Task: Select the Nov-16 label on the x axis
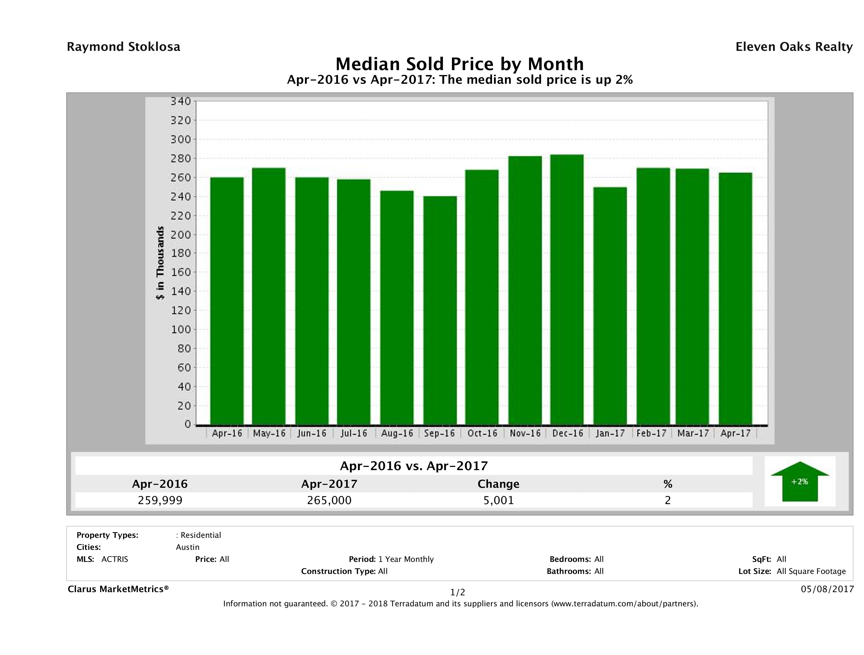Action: (x=525, y=433)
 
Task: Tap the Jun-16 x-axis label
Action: (x=312, y=433)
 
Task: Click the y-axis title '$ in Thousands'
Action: (x=160, y=263)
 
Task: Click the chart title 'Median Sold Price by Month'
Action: (x=459, y=64)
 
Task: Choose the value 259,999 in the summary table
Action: (x=160, y=500)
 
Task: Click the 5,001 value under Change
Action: (x=499, y=500)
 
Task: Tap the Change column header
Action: (x=499, y=484)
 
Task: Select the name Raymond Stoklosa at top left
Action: (x=123, y=47)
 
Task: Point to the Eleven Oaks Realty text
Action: (x=794, y=47)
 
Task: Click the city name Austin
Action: (x=187, y=547)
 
